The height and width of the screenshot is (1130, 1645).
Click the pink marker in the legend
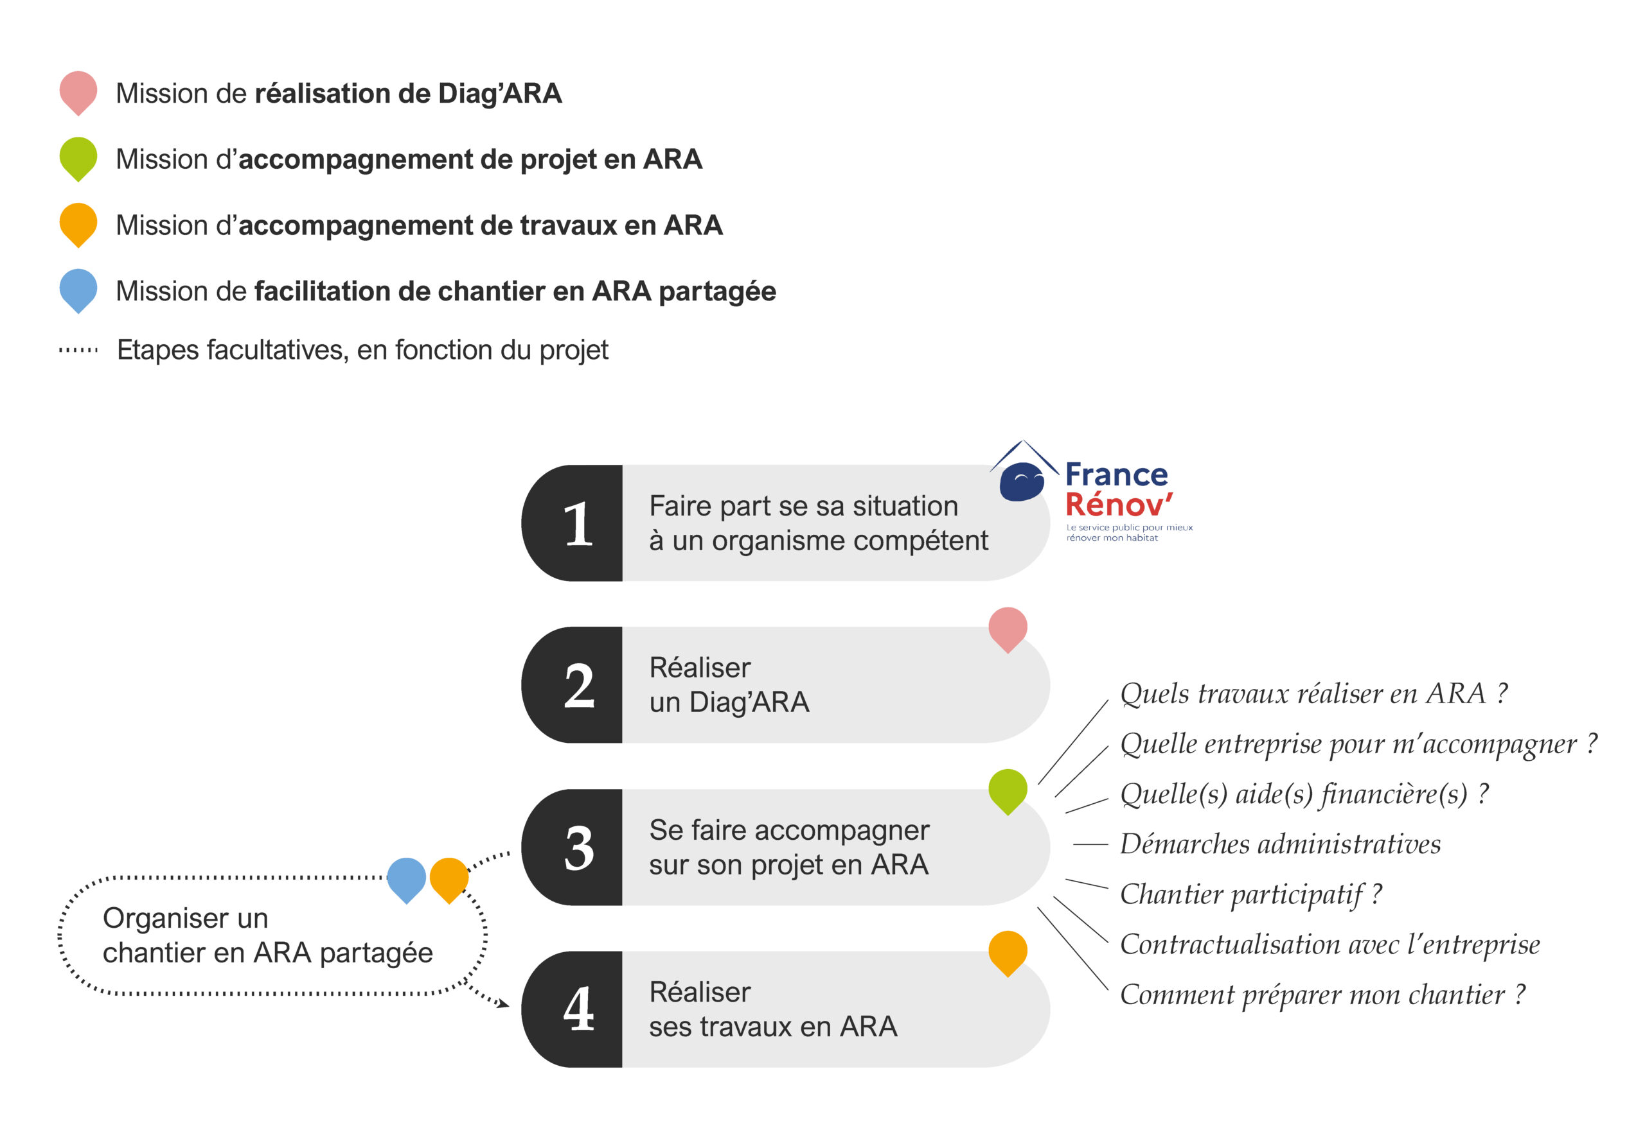coord(78,91)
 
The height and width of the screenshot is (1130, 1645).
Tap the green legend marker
coord(78,157)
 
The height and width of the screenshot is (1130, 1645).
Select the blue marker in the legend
coord(78,289)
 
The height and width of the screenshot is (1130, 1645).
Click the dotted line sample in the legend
coord(78,350)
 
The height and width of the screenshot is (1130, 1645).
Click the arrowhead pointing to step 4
coord(503,1003)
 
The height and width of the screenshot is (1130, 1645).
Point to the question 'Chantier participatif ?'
coord(1250,894)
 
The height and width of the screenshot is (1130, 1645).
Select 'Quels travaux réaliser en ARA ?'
coord(1313,693)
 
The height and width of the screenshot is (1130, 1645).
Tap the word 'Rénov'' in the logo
coord(1119,505)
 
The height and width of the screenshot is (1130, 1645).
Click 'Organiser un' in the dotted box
coord(186,918)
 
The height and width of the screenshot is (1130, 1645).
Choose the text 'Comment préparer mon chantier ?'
coord(1322,995)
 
